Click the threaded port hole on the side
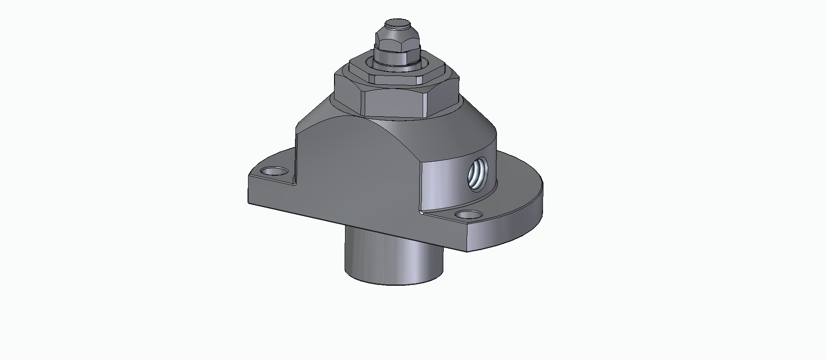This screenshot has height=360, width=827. click(x=477, y=174)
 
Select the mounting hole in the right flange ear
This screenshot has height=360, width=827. click(x=468, y=215)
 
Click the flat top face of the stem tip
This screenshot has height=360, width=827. click(x=397, y=23)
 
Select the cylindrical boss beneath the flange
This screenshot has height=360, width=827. click(x=393, y=259)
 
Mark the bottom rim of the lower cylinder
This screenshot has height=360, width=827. click(x=393, y=283)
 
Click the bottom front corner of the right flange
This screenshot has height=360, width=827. click(x=467, y=250)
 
